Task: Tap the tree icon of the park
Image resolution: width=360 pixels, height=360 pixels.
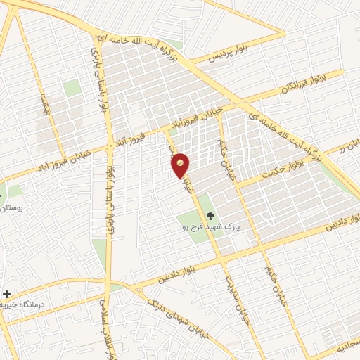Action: pos(209,216)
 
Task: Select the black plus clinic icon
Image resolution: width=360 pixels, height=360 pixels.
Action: pos(7,293)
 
